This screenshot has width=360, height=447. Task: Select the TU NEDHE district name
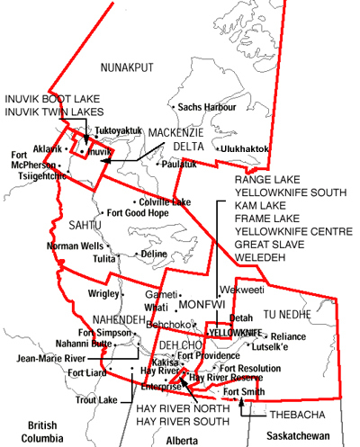pyautogui.click(x=286, y=315)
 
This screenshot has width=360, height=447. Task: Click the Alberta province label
pyautogui.click(x=183, y=440)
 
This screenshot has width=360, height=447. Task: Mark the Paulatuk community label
pyautogui.click(x=180, y=164)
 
